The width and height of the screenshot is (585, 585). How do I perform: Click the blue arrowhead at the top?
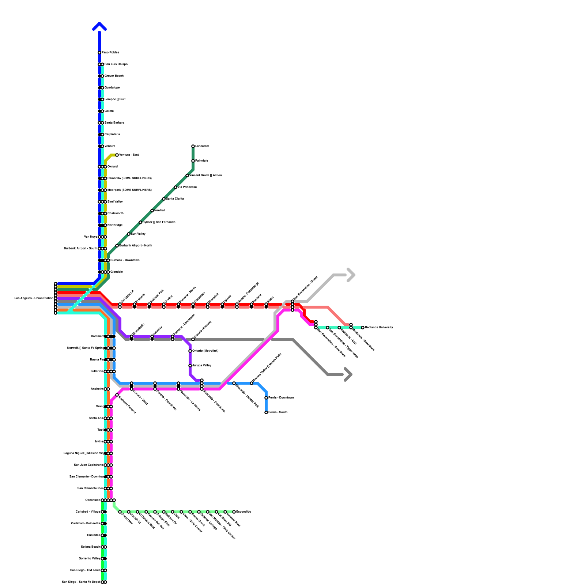click(x=99, y=26)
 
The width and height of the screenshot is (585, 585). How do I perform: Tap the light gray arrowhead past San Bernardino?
click(x=351, y=275)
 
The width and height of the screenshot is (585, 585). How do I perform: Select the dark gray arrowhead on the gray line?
click(x=348, y=374)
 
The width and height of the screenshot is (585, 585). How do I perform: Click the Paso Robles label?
click(x=110, y=53)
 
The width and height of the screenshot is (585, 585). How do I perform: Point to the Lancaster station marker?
click(x=193, y=146)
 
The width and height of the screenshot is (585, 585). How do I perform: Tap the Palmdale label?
click(x=201, y=161)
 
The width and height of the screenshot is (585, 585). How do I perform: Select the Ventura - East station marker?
click(x=117, y=155)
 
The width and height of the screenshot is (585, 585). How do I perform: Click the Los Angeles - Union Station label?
click(x=34, y=298)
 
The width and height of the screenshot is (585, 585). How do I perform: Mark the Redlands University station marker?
click(x=363, y=328)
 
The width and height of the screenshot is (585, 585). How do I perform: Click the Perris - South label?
click(x=278, y=412)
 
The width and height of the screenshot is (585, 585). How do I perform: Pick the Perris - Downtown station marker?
click(x=266, y=398)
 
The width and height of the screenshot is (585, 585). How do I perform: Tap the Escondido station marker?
click(x=234, y=512)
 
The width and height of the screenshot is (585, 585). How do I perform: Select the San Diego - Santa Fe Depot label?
click(x=81, y=582)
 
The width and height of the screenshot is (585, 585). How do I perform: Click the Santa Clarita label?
click(x=175, y=199)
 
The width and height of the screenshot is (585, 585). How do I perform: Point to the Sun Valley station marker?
click(x=129, y=234)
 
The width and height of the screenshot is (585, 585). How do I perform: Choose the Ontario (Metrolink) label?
click(x=205, y=351)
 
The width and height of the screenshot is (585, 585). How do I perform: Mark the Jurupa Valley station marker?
click(x=190, y=366)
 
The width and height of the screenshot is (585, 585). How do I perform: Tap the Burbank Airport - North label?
click(x=136, y=246)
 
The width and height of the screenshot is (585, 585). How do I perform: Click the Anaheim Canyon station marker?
click(x=117, y=395)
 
